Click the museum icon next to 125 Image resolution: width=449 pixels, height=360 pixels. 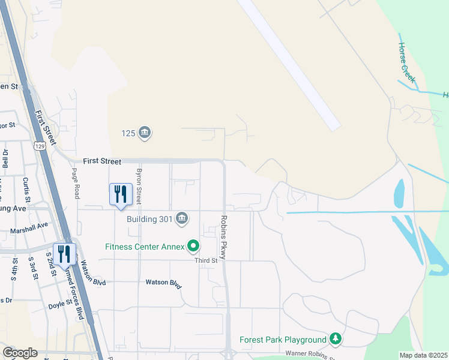click(144, 133)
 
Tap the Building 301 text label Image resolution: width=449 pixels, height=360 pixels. click(149, 218)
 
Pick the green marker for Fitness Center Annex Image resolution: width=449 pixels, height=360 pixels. click(193, 245)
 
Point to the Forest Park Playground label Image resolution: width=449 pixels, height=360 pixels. click(283, 340)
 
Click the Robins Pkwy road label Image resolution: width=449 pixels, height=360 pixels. click(223, 238)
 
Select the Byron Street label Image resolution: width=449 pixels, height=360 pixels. click(139, 185)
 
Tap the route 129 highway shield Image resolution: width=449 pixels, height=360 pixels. click(40, 146)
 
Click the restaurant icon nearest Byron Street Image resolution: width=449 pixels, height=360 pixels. click(121, 194)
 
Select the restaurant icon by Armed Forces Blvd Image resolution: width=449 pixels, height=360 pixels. click(65, 254)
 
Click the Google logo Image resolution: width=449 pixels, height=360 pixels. click(20, 353)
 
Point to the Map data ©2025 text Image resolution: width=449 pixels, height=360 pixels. click(424, 355)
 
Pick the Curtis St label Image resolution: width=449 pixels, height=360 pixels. click(26, 188)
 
